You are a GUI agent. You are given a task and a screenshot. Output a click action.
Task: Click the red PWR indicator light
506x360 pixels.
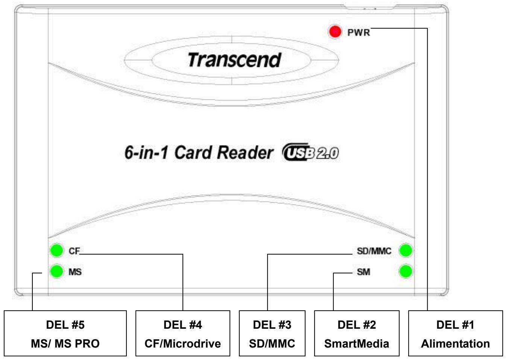pos(334,32)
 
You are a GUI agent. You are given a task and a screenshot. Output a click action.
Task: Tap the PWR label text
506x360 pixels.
pos(359,32)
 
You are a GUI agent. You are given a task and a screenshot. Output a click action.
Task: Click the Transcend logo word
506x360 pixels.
pos(234,60)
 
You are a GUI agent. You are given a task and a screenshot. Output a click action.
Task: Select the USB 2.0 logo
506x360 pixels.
pos(310,153)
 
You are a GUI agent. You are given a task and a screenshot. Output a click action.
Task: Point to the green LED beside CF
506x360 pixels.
pos(56,250)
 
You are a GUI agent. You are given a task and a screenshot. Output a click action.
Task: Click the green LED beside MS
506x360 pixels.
pos(56,272)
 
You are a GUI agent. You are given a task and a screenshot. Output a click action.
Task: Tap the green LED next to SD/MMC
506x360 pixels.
pos(406,250)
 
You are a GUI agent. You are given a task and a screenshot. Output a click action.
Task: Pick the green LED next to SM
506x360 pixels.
pos(406,272)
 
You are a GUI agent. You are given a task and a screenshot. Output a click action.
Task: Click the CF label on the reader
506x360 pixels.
pos(74,251)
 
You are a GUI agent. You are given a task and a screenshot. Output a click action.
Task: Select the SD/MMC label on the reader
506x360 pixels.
pos(374,251)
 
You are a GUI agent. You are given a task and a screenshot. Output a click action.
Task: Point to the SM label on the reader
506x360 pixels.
pos(363,272)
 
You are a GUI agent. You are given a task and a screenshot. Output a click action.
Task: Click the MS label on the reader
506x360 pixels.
pos(75,272)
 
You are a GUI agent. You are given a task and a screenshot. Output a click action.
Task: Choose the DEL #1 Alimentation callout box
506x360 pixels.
pos(455,334)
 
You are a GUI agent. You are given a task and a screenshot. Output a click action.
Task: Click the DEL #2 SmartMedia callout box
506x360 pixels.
pos(357,334)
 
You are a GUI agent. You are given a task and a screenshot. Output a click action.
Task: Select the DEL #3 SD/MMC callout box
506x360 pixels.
pos(272,334)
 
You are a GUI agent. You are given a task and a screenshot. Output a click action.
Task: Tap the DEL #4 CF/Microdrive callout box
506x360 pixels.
pos(182,334)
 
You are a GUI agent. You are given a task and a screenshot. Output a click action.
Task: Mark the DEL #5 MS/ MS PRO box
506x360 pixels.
pos(65,334)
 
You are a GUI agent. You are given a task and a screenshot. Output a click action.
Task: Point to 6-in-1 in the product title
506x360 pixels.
pos(146,153)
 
